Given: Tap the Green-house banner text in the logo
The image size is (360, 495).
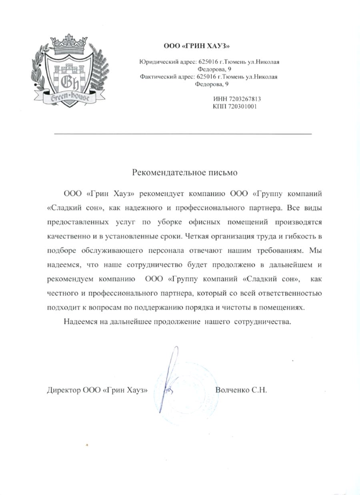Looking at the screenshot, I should tap(70, 97).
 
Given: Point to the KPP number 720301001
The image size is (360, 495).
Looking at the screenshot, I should tap(242, 107).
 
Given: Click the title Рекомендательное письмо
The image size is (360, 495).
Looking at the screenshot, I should tap(185, 173).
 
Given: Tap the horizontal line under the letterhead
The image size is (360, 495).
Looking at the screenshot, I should tap(182, 133).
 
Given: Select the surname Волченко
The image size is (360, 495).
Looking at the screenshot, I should tap(232, 390).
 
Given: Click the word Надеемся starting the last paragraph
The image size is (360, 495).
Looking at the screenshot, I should tap(80, 321).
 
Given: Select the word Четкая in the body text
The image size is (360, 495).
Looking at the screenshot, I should tap(198, 236).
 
